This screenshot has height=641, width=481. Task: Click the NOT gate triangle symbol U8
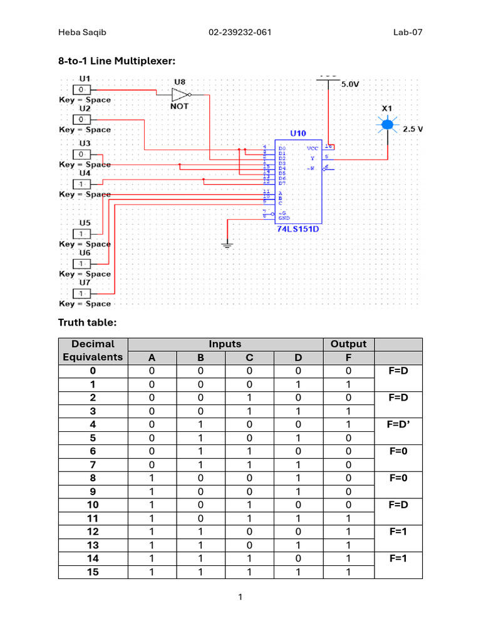[180, 95]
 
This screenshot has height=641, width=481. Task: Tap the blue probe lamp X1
[388, 125]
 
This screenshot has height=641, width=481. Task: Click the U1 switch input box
[81, 90]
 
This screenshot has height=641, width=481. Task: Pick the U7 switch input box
[81, 294]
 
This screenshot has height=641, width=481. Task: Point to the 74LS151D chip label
[299, 229]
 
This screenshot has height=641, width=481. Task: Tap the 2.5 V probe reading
[413, 129]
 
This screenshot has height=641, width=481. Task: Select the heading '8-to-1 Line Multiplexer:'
[117, 61]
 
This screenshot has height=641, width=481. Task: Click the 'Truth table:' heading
[87, 322]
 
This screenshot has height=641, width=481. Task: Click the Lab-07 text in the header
[408, 33]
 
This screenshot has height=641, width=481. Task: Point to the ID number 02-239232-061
[240, 33]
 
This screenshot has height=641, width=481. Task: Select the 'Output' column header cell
[348, 344]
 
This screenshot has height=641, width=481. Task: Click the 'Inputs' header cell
[225, 344]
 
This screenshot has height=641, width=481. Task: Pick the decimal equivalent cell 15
[93, 572]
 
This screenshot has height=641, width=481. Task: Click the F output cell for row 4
[348, 425]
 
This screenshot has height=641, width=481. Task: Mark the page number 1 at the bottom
[240, 597]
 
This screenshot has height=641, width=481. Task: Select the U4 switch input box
[81, 183]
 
